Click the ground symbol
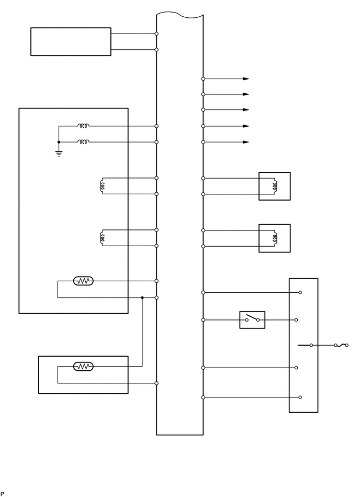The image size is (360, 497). coord(59,153)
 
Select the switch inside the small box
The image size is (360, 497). coord(252,319)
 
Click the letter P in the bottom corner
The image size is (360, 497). coord(2,493)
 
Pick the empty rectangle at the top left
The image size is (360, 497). coord(71,41)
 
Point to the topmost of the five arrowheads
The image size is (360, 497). coord(246,79)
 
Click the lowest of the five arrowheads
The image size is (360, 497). coord(246,142)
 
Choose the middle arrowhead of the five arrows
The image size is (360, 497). coord(246,110)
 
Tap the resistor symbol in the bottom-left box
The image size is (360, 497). coord(83,367)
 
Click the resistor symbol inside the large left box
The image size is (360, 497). coord(83,281)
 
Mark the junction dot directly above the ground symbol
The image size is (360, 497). coord(59,142)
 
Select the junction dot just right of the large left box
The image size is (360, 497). coord(142,297)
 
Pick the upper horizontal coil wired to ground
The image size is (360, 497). coord(83,126)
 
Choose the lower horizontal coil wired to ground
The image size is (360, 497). coord(83,142)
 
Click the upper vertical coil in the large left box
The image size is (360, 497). coord(102,186)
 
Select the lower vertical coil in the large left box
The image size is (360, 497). coord(102,238)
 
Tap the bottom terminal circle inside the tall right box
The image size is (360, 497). coord(299,397)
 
